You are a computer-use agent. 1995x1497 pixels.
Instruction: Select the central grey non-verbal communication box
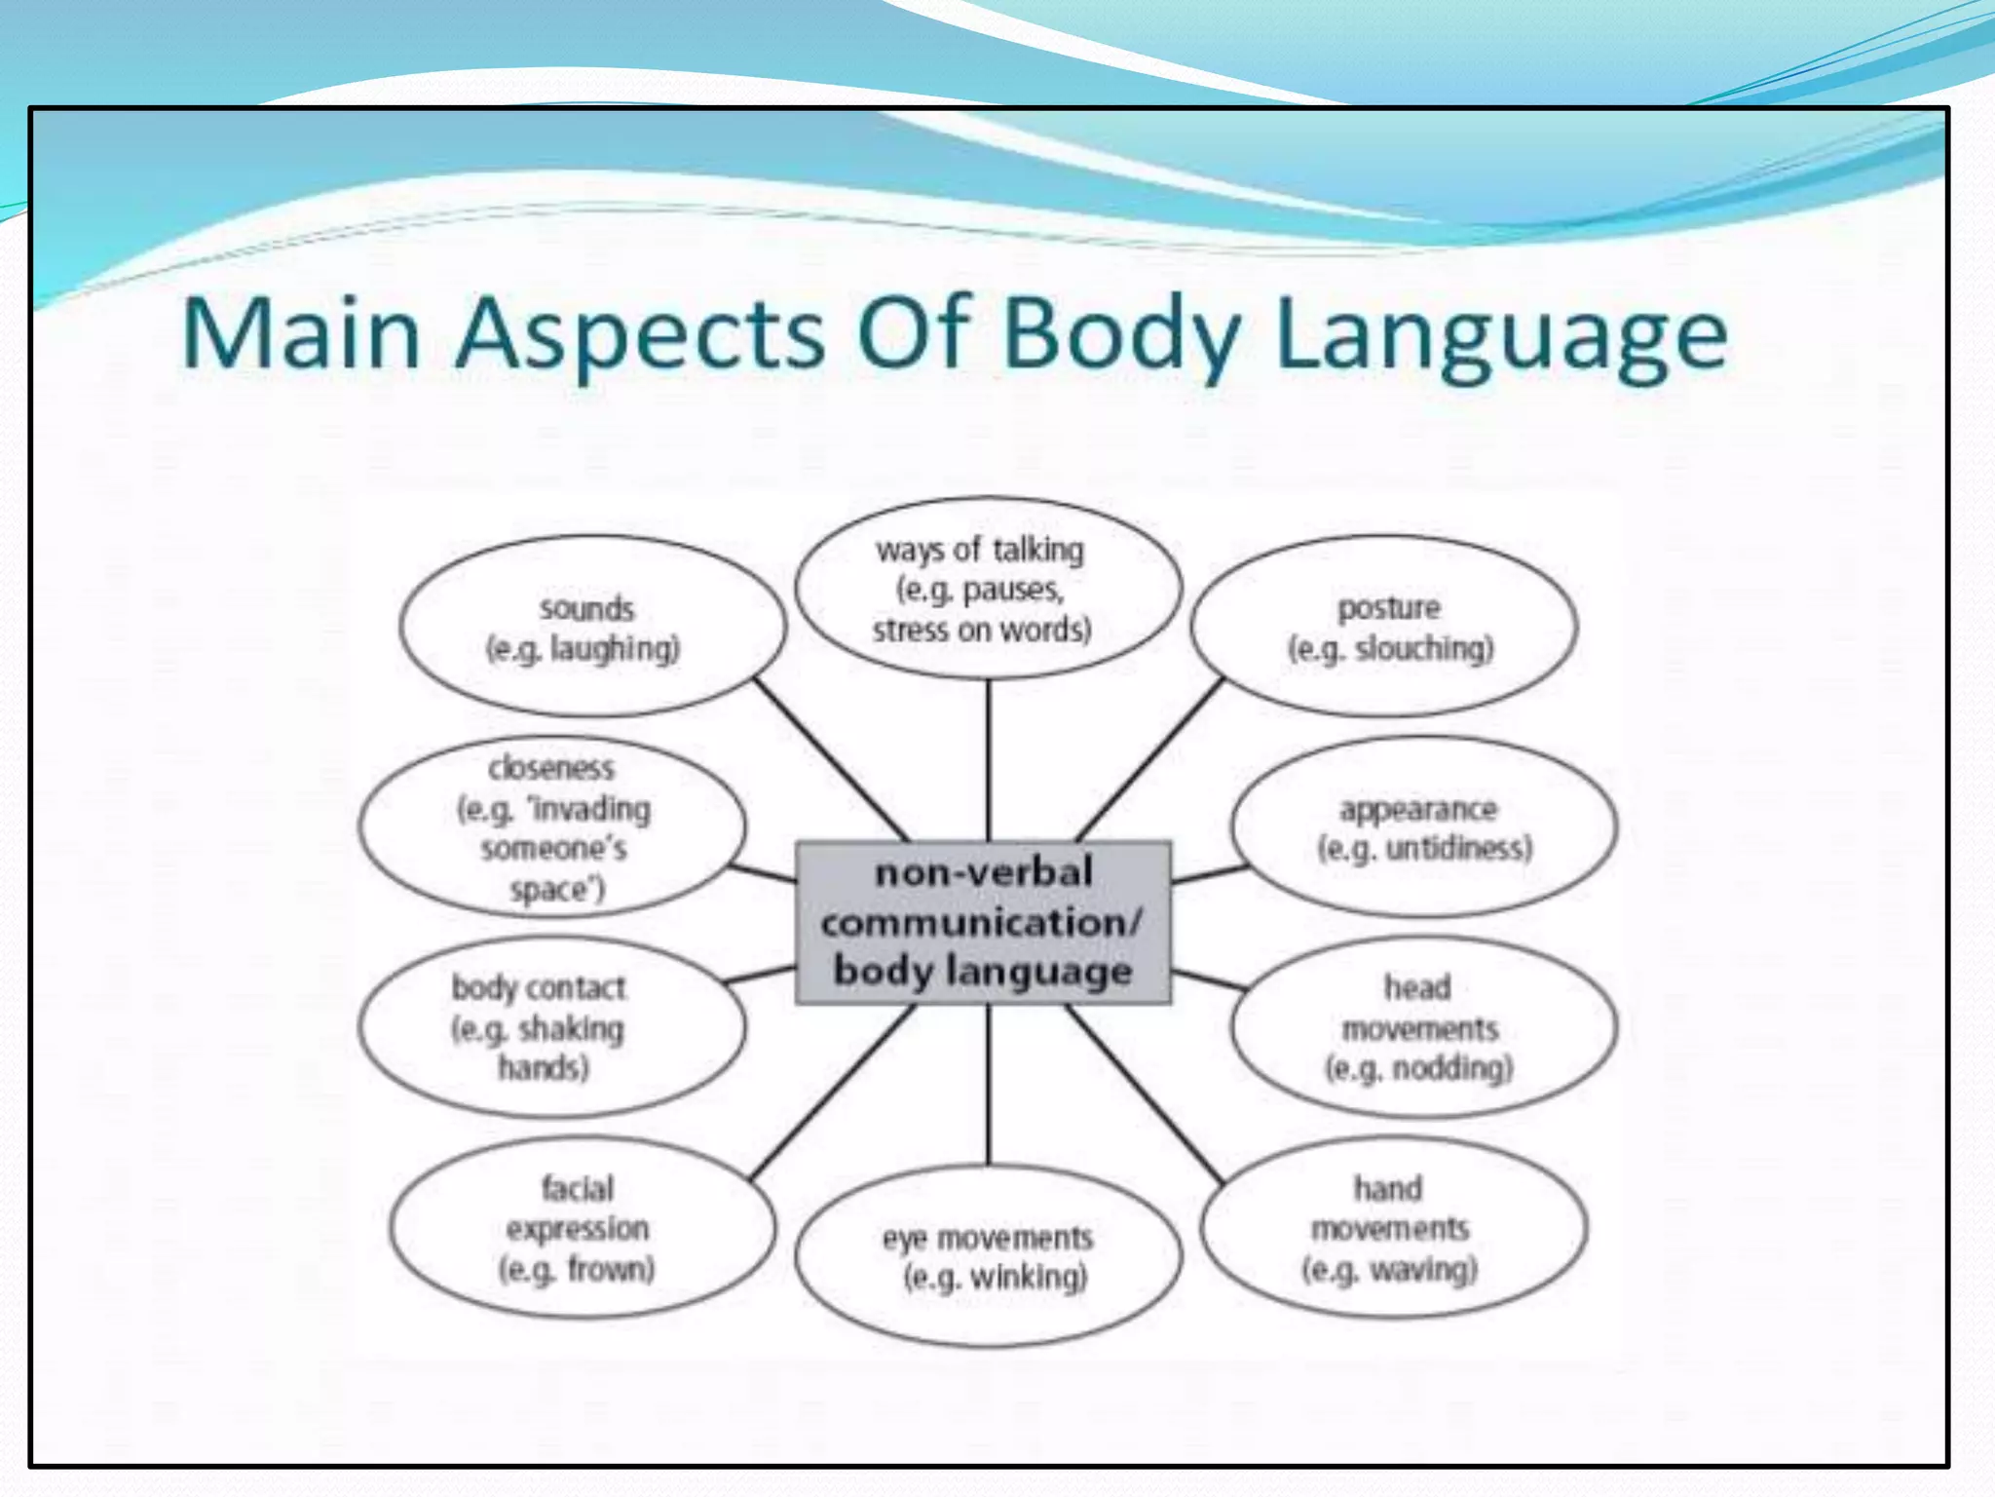coord(983,922)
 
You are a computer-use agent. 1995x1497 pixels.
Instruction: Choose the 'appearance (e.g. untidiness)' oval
coord(1423,827)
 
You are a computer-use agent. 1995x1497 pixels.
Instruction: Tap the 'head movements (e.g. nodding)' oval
coord(1421,1027)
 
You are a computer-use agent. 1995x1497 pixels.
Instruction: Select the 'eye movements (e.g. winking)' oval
coord(989,1256)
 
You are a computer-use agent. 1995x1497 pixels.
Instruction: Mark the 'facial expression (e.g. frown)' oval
coord(581,1228)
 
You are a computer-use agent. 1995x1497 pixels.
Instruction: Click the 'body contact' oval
coord(550,1027)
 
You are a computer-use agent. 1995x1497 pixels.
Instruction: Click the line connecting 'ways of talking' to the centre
coord(988,760)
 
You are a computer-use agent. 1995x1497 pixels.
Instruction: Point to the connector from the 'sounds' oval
coord(831,760)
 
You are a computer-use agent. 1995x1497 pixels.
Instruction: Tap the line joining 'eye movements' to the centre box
coord(988,1084)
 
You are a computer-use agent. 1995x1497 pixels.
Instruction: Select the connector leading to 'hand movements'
coord(1145,1094)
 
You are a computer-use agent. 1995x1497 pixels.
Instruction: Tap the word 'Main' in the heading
coord(300,334)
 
